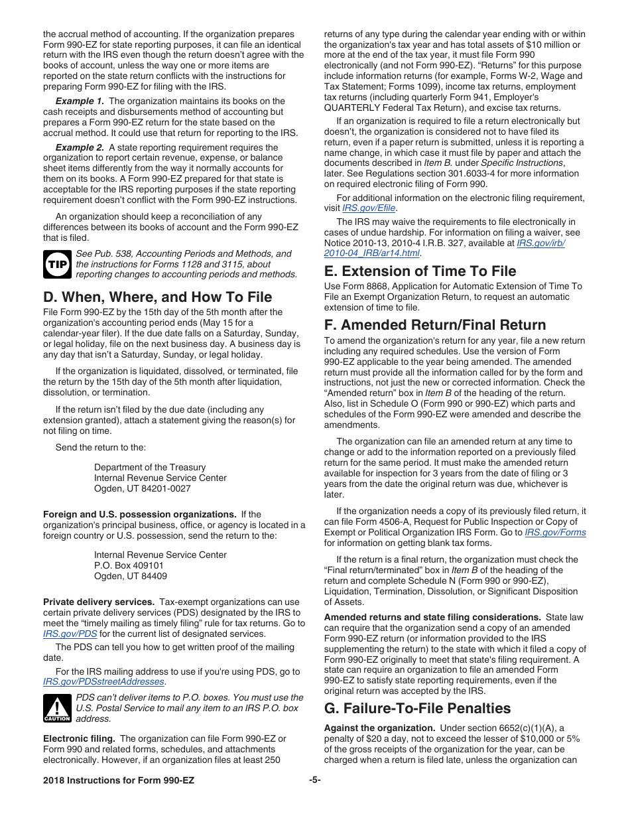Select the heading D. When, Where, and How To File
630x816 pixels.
click(x=157, y=297)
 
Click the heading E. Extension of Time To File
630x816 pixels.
click(x=420, y=271)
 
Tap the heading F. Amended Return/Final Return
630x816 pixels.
click(x=435, y=324)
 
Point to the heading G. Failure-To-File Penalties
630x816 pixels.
click(x=417, y=708)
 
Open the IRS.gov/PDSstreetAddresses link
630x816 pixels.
click(x=103, y=682)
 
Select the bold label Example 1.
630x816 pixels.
click(x=80, y=101)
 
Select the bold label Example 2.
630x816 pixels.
click(x=80, y=147)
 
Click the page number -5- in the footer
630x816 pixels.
click(x=315, y=780)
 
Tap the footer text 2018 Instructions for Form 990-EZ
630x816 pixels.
click(x=119, y=780)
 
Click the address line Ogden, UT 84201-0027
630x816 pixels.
click(x=142, y=488)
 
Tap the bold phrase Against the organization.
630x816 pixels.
click(x=379, y=728)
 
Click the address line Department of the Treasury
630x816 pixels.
click(x=150, y=467)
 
